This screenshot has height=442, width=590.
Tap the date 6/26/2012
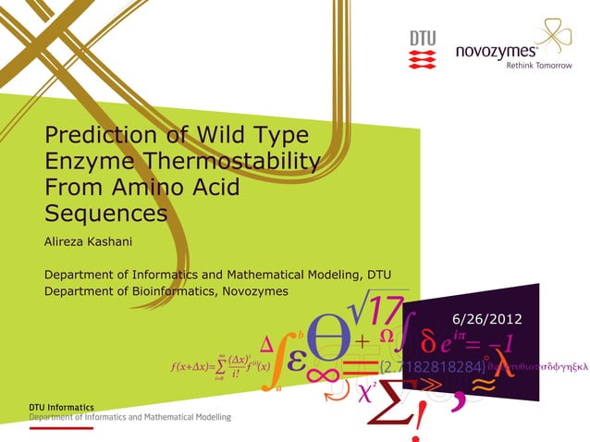[x=486, y=319]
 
